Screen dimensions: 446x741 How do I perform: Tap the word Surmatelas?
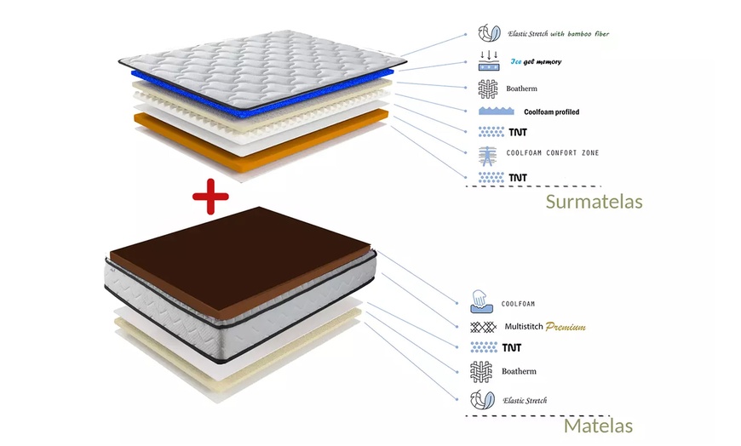594,203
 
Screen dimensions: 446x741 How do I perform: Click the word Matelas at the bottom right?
598,426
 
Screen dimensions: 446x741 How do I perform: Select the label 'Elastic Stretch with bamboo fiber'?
558,34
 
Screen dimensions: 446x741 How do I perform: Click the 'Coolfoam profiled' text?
551,111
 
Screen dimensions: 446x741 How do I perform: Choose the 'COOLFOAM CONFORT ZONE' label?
552,153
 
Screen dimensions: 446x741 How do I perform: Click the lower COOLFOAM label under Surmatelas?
518,303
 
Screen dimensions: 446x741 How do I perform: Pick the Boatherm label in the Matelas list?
519,371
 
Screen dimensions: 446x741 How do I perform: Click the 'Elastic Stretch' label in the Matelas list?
525,400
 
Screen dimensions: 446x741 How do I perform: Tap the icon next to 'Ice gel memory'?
488,60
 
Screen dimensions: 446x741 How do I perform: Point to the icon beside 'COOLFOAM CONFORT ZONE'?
488,154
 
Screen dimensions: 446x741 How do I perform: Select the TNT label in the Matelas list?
511,347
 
